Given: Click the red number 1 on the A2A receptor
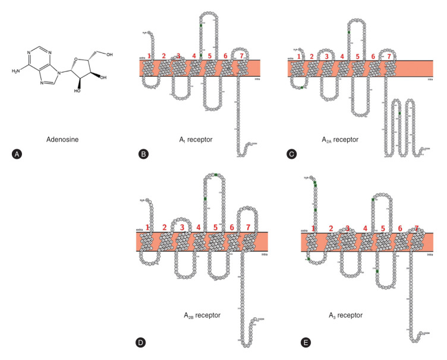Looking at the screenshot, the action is coord(298,57).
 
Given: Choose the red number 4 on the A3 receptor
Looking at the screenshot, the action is coord(365,228).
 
